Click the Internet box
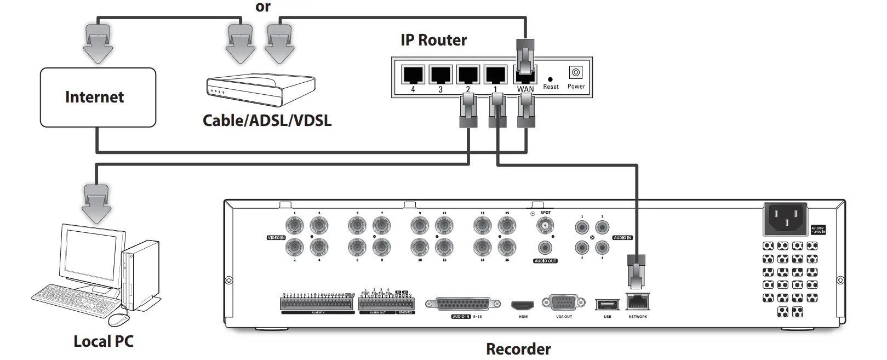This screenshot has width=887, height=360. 98,98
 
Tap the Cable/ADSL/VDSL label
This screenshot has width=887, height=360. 267,120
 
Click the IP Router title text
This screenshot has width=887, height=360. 433,40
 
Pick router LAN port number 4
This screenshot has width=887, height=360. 413,75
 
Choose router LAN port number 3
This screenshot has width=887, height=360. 440,75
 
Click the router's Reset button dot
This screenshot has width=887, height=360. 550,79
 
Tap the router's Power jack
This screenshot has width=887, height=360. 576,72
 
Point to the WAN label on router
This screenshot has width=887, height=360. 525,89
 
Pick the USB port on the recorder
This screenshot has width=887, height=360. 607,305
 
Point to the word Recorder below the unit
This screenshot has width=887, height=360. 518,349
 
